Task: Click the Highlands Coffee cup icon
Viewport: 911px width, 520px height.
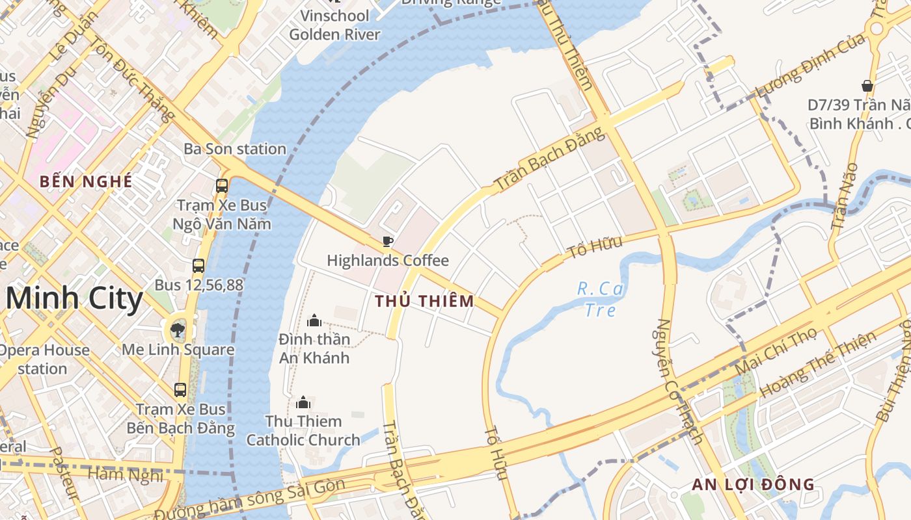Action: click(388, 242)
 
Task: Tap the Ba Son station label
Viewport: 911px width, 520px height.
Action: click(235, 149)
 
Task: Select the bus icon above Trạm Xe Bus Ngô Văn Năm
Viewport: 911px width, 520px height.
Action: click(222, 186)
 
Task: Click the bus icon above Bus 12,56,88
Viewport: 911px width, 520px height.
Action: click(198, 266)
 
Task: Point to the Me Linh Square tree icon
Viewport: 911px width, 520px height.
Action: click(177, 330)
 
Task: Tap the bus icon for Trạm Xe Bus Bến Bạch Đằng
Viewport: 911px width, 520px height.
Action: click(180, 390)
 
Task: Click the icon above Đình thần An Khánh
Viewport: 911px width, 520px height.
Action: click(314, 320)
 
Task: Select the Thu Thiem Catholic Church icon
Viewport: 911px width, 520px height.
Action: click(303, 403)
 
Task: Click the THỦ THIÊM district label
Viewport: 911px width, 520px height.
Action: click(424, 301)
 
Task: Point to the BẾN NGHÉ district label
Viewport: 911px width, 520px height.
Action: click(86, 181)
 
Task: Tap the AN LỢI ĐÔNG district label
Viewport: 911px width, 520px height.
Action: click(753, 484)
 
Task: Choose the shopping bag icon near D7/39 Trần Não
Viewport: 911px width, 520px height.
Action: click(867, 86)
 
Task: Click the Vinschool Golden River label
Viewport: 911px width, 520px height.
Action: click(334, 25)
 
